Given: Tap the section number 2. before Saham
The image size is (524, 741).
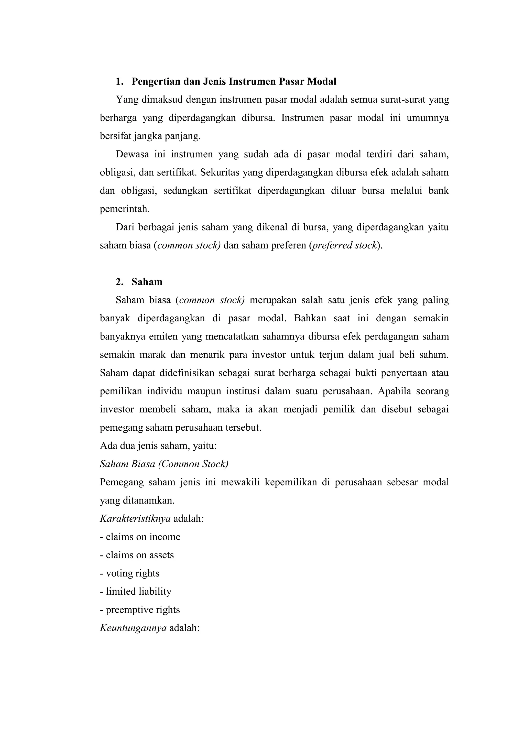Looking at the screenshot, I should click(119, 282).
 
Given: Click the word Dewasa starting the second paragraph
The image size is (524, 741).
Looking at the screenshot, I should click(132, 154).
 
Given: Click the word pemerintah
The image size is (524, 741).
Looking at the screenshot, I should click(125, 209).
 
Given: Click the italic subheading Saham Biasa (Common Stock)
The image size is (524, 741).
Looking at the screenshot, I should click(164, 464).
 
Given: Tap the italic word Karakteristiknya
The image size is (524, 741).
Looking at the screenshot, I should click(135, 519).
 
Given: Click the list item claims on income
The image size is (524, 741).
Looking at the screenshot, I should click(140, 537).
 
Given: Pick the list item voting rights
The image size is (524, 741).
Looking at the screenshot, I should click(130, 573).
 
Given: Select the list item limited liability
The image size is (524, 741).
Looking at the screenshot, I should click(136, 592).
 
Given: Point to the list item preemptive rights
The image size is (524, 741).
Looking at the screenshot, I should click(140, 610).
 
